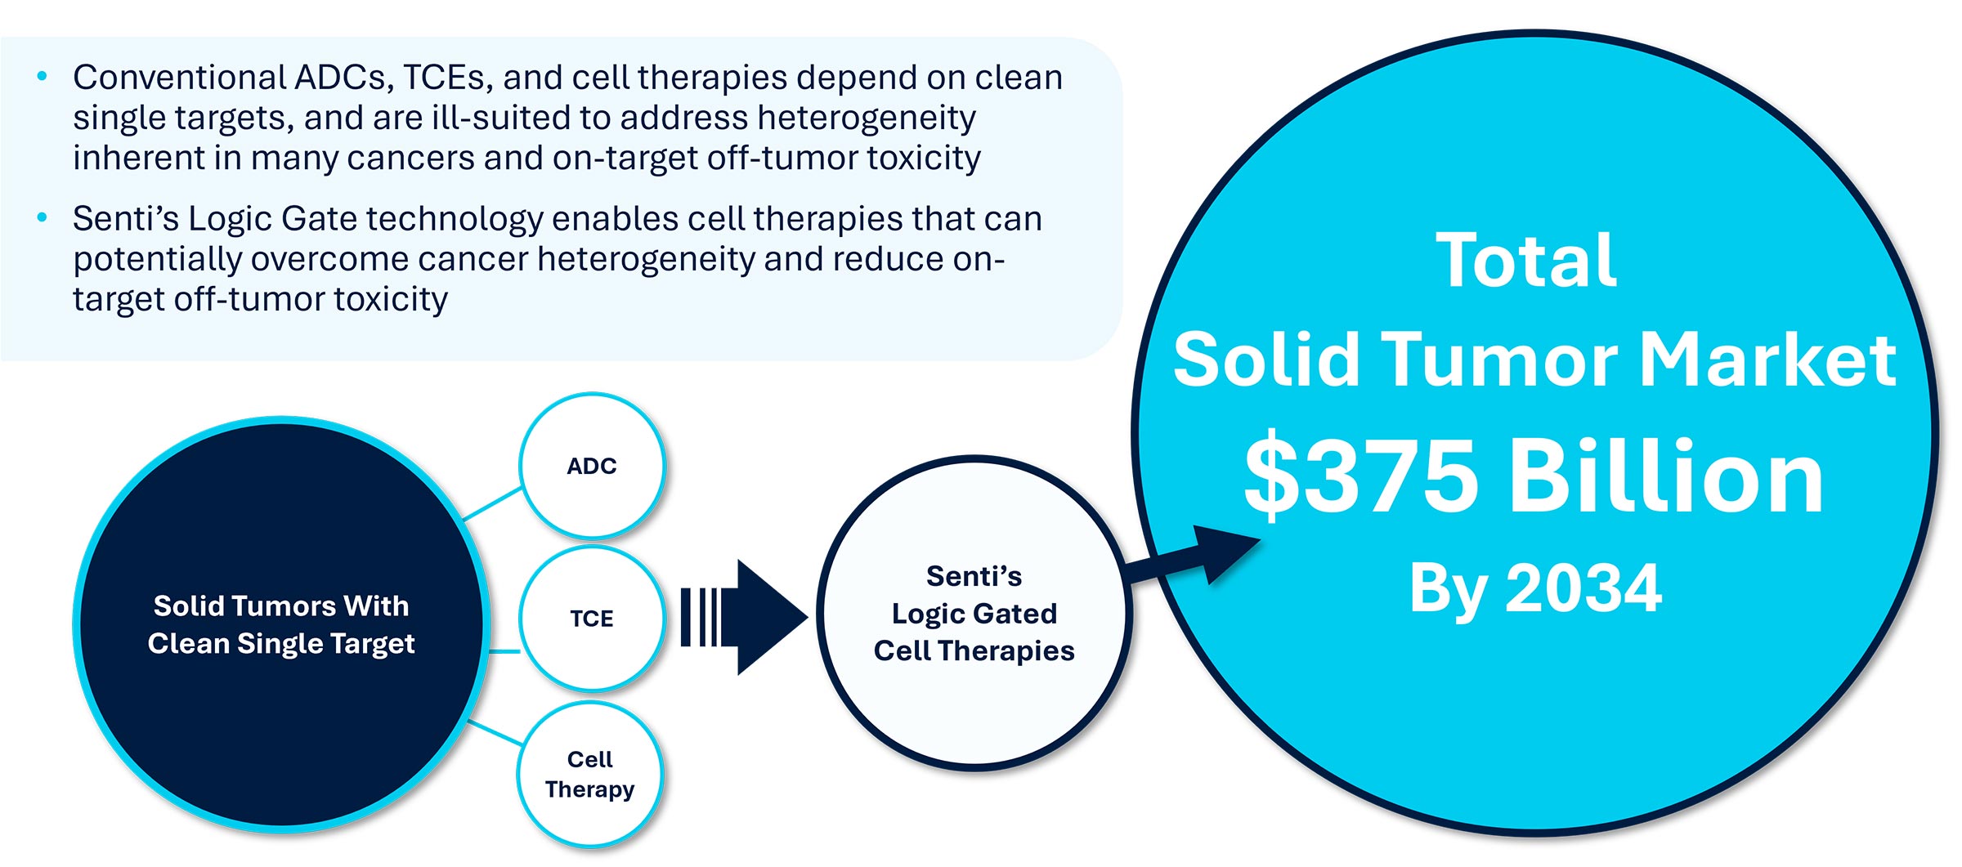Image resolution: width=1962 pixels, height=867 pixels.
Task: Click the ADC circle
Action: point(592,466)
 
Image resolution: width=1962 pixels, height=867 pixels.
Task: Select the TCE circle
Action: point(592,619)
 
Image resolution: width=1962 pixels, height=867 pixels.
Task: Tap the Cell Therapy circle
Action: point(589,774)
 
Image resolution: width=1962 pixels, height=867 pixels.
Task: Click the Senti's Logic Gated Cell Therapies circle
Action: point(974,613)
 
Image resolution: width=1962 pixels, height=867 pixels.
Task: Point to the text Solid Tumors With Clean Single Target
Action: point(281,624)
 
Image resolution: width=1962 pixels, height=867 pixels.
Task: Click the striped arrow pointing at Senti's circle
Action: point(744,618)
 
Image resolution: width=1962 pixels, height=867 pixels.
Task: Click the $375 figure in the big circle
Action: point(1360,477)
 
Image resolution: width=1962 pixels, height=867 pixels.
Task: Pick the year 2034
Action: point(1583,588)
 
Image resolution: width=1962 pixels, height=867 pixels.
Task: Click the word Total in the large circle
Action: point(1525,261)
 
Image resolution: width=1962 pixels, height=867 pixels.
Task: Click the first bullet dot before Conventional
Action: point(43,78)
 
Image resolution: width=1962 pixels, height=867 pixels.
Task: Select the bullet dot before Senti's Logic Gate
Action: point(43,218)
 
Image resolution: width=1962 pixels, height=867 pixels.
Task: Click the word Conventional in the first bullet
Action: point(179,78)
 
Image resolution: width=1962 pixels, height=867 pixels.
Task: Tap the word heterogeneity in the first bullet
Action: point(866,118)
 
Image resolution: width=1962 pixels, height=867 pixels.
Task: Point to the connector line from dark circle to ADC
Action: point(493,503)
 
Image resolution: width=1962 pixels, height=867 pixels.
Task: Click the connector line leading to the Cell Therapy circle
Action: point(495,732)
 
